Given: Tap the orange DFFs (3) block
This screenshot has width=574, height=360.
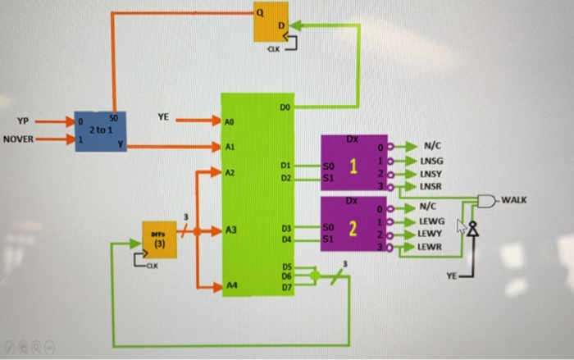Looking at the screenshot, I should [159, 239].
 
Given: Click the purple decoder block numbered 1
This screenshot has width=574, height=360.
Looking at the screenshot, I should [353, 166].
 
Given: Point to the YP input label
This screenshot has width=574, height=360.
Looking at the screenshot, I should [23, 122].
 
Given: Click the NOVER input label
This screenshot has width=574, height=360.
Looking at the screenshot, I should [18, 139].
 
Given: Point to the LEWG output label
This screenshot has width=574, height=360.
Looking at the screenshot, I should [432, 221].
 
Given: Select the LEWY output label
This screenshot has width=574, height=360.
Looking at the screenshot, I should [432, 234].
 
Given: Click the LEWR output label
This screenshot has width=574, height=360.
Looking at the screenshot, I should [432, 246].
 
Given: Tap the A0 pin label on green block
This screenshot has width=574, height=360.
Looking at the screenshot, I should [230, 121].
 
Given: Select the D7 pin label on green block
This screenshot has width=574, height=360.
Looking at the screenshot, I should [286, 287].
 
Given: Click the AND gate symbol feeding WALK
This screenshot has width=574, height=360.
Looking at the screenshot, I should [487, 200].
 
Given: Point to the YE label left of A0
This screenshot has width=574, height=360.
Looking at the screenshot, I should [163, 117].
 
